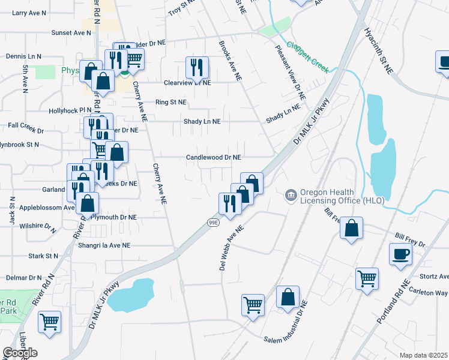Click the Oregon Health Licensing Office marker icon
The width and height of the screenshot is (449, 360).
click(x=291, y=196)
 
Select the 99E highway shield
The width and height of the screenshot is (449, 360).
click(x=213, y=222)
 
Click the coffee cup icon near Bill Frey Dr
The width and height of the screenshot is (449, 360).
click(x=401, y=254)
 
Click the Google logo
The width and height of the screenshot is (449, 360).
click(x=20, y=353)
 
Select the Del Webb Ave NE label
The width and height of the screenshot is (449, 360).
click(x=231, y=248)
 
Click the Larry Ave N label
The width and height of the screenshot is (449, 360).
click(x=29, y=12)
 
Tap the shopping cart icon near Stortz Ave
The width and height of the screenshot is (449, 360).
click(x=367, y=278)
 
